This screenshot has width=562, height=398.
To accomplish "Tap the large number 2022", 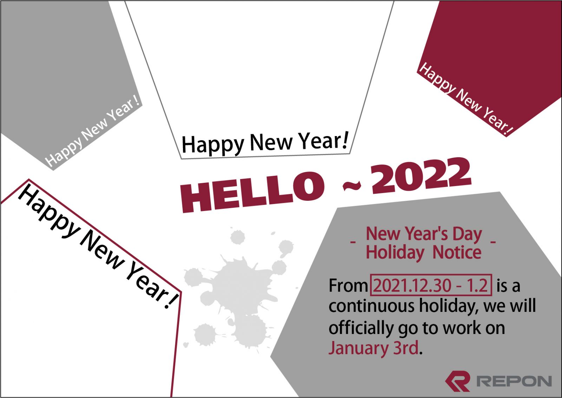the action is (x=421, y=176).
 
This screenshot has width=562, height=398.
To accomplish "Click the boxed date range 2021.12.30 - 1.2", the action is (x=431, y=285).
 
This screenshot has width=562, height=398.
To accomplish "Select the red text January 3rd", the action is (x=373, y=348).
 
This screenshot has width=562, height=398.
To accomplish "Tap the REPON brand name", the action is (x=514, y=381).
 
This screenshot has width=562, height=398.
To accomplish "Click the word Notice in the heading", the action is (x=457, y=252).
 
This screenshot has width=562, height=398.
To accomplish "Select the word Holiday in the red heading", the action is (x=395, y=252).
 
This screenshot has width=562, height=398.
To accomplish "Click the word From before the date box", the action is (x=348, y=286).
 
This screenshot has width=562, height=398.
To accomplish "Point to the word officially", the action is (x=361, y=328).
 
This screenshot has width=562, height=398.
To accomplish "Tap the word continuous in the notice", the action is (x=372, y=307).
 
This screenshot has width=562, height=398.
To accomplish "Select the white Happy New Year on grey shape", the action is (x=92, y=131).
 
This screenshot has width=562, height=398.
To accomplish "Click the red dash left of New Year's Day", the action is (x=353, y=242).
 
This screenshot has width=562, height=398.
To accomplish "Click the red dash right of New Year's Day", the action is (x=493, y=242).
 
